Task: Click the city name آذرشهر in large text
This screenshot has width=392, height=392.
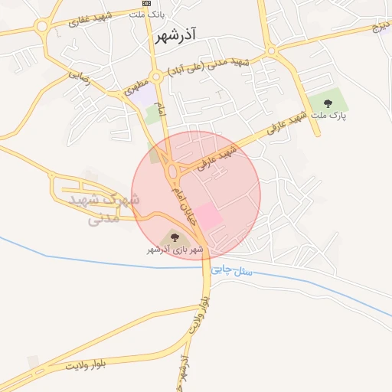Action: point(175,35)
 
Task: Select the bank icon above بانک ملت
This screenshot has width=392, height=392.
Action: point(146,3)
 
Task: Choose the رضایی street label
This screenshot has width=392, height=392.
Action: point(80,77)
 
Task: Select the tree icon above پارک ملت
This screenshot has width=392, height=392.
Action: point(328,103)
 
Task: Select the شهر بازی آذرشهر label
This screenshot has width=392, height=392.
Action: point(175,250)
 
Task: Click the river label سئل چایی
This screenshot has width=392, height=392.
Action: point(233,268)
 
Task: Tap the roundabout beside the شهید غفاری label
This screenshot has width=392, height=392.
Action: point(41,25)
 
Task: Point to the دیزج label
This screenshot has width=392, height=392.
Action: point(381,28)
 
